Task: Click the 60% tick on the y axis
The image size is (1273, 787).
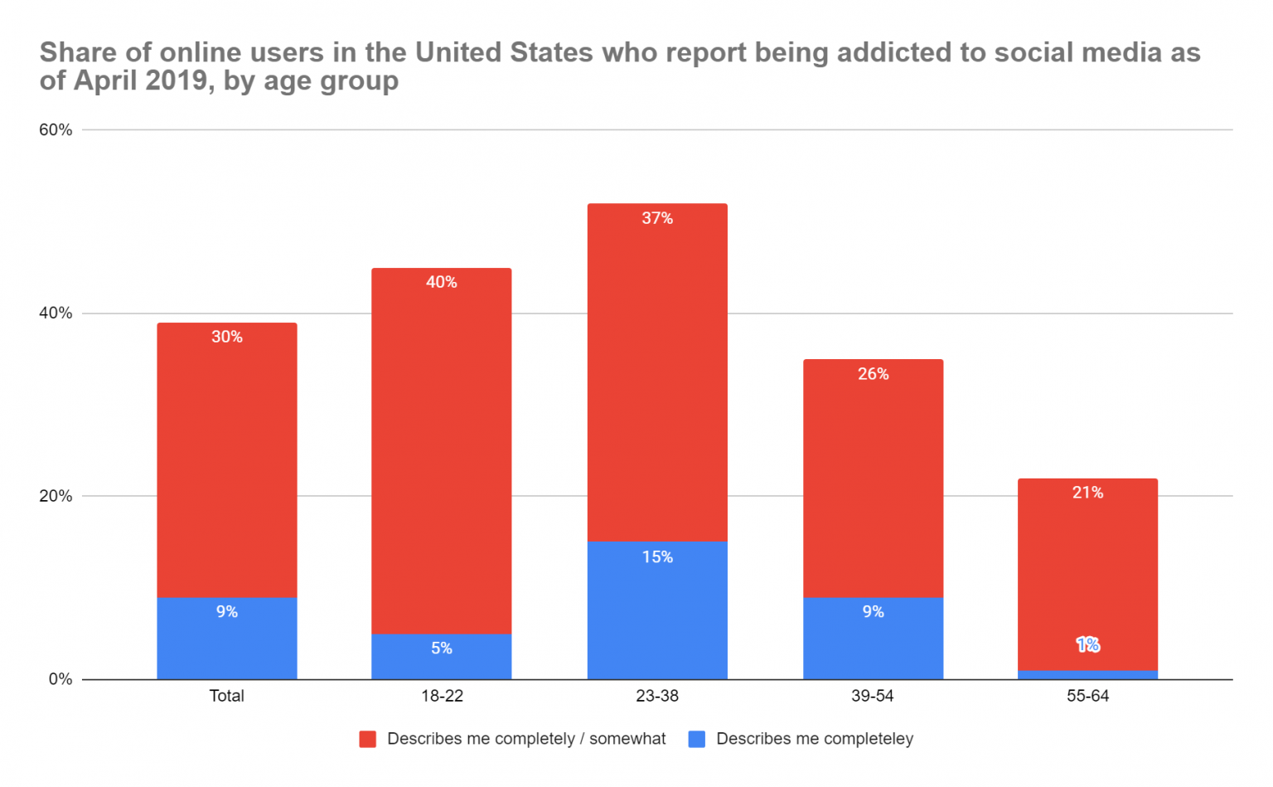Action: coord(56,130)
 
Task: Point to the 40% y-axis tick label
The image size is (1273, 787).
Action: coord(56,313)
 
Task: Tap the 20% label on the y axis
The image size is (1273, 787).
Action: coord(56,497)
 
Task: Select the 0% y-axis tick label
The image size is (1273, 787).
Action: coord(61,680)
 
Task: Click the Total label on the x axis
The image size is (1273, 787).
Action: coord(226,697)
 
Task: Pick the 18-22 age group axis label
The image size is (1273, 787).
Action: coord(442,697)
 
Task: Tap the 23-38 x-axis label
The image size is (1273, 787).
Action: coord(657,697)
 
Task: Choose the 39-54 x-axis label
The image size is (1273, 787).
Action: coord(873,697)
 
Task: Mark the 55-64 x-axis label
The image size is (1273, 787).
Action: coord(1087,697)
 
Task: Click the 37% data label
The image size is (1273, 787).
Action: coord(657,219)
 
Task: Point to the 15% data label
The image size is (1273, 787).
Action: coord(657,557)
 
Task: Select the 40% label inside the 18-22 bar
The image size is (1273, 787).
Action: coord(442,283)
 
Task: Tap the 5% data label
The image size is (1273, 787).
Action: coord(442,649)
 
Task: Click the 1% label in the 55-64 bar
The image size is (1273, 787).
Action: coord(1087,645)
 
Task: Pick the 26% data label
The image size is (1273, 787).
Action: coord(873,374)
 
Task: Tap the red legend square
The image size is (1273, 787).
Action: coord(367,740)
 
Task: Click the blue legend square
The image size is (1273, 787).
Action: coord(697,740)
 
